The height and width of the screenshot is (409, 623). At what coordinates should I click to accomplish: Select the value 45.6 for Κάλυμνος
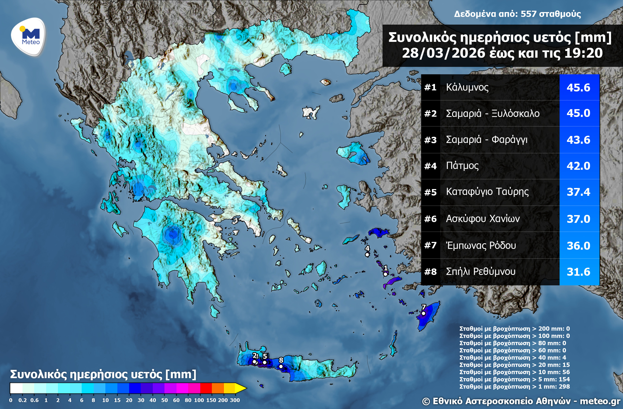click(x=578, y=87)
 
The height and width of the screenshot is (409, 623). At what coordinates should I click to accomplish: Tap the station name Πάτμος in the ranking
click(x=462, y=165)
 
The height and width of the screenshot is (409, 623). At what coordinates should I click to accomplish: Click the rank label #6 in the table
click(x=430, y=219)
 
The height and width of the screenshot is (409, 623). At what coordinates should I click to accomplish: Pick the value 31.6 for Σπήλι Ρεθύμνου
click(x=578, y=272)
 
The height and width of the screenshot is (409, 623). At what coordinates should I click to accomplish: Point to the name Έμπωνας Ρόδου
click(x=481, y=245)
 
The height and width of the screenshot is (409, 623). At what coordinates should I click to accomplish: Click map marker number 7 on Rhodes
click(x=423, y=313)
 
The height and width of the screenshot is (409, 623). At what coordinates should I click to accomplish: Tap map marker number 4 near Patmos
click(x=367, y=255)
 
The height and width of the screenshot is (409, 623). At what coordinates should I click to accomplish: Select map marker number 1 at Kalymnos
click(x=385, y=274)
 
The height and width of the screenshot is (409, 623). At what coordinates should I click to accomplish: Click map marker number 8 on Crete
click(x=281, y=366)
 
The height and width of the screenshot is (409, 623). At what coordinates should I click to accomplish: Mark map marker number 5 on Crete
click(x=264, y=362)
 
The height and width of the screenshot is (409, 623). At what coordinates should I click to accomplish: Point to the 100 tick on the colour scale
click(x=199, y=400)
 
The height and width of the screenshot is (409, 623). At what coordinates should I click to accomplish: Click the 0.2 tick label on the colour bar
click(x=23, y=400)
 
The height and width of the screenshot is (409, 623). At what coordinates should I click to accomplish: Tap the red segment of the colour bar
click(x=206, y=388)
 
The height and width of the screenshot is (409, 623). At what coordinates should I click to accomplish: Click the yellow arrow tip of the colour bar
click(x=241, y=388)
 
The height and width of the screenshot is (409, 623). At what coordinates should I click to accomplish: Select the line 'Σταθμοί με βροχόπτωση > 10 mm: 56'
click(x=514, y=372)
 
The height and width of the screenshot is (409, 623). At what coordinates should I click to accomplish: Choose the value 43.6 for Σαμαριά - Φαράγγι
click(x=578, y=140)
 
